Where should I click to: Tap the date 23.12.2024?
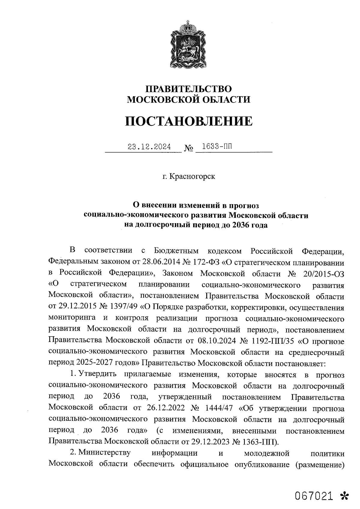(149, 147)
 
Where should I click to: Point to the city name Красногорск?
(192, 176)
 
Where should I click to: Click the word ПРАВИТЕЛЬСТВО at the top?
(189, 89)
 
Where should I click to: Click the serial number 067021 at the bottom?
(314, 496)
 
